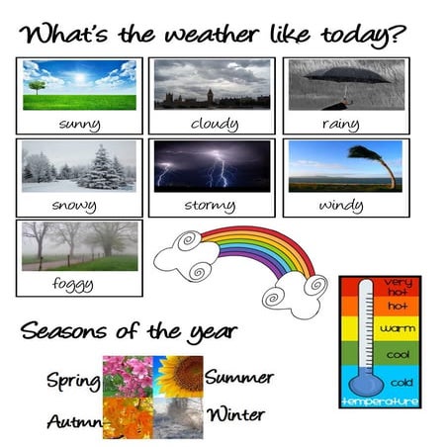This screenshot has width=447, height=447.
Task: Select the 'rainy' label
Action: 340,125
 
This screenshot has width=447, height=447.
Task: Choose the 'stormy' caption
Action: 209,206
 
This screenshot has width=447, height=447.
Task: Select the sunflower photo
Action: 178,376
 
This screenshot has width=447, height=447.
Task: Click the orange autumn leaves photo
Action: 127,417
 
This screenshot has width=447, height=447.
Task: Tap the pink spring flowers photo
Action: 127,376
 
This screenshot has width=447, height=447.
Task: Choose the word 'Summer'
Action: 239,377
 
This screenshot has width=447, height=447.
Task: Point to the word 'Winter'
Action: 235,412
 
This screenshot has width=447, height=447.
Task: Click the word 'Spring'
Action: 72,380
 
